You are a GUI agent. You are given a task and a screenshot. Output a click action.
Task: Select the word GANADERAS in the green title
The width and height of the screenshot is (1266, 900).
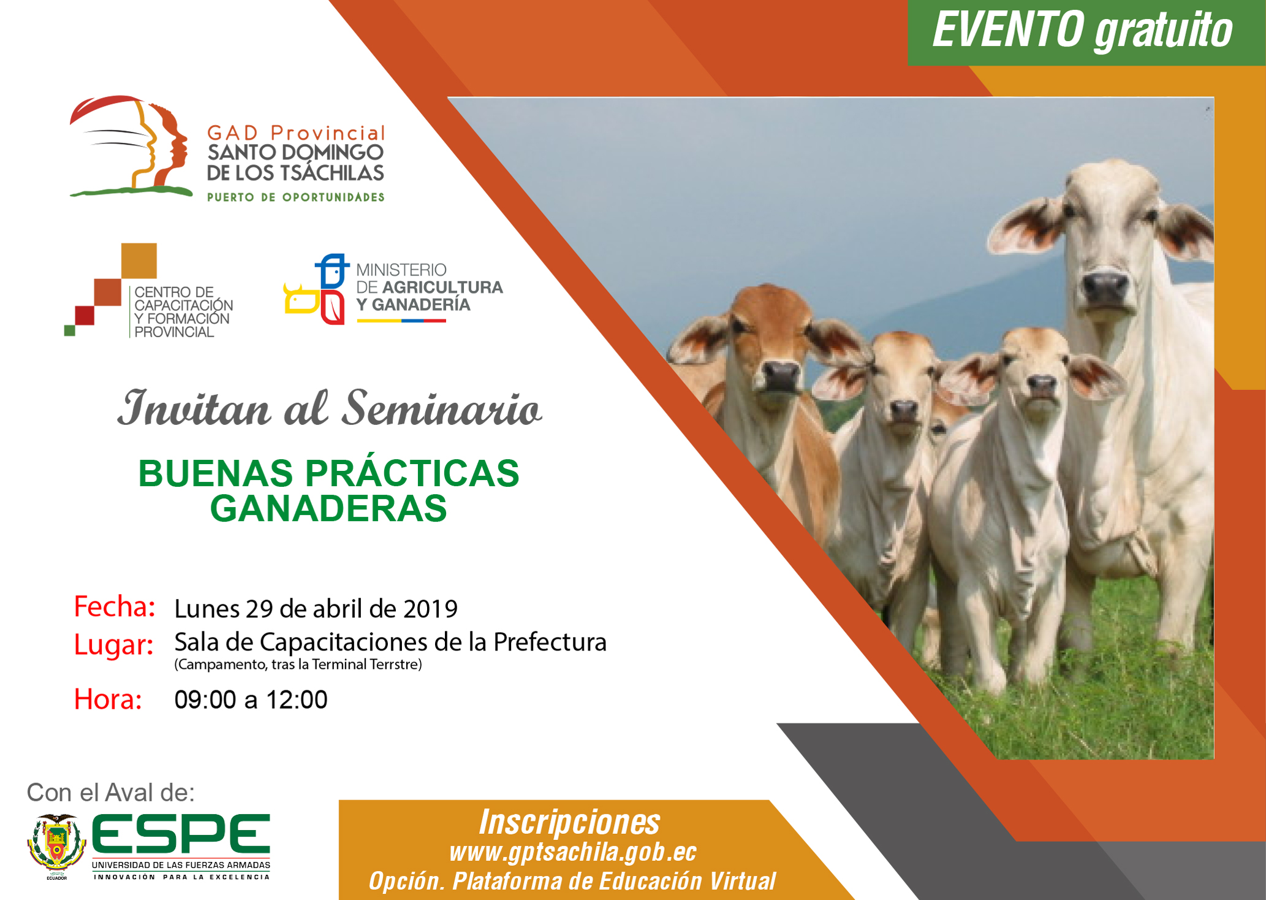(x=328, y=508)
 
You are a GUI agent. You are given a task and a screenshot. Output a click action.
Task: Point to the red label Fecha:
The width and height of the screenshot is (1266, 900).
(x=115, y=606)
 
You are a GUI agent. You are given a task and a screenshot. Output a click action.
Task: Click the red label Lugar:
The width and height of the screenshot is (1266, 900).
(x=114, y=644)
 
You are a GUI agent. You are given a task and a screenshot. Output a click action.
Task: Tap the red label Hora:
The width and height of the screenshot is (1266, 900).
(x=108, y=699)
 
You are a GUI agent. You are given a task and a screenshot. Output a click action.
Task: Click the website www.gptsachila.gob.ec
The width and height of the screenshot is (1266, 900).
(x=573, y=852)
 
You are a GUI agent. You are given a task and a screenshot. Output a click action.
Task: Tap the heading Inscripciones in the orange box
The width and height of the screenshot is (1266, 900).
(x=569, y=822)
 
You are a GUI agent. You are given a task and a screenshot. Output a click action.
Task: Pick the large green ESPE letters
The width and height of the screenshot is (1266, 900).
(x=181, y=834)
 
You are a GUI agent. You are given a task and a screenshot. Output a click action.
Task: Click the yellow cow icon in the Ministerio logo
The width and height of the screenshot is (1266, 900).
(x=301, y=299)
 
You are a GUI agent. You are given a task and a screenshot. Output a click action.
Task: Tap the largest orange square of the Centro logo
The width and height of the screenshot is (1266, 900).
(x=139, y=261)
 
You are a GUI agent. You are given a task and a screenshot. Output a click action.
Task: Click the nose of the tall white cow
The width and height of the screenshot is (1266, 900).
(x=1105, y=287)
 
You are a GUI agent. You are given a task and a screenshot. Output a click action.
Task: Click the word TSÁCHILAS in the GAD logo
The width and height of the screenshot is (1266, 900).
(x=331, y=173)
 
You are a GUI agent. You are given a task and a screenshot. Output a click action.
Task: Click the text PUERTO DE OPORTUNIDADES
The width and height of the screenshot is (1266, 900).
(x=295, y=197)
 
